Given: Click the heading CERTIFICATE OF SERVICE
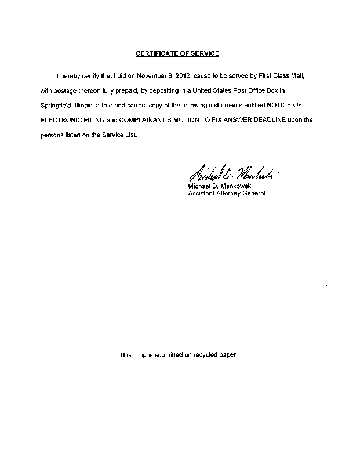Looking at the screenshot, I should pos(177,53).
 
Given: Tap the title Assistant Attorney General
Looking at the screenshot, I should pos(227,194).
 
